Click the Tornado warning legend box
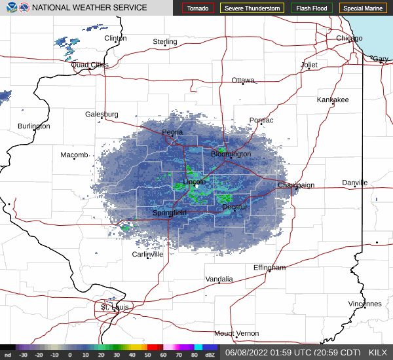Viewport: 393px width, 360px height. tap(198, 9)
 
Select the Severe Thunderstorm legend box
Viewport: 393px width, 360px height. tap(252, 9)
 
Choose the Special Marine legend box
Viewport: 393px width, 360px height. tap(363, 9)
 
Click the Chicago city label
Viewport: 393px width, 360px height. tap(349, 39)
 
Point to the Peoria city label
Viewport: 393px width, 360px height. tap(173, 132)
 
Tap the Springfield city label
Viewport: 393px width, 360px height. tap(170, 213)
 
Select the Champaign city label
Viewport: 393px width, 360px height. tap(296, 185)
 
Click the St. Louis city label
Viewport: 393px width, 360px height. tap(115, 306)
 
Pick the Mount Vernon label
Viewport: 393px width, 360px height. tap(236, 333)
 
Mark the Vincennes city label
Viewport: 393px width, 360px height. tap(364, 304)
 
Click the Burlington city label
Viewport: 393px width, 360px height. tap(34, 126)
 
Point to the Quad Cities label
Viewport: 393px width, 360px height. tap(90, 65)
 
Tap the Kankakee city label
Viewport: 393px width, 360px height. tap(333, 99)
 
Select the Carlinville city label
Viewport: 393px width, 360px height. tap(147, 254)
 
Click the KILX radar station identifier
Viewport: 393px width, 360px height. tap(378, 351)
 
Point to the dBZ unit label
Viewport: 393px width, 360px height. tap(210, 355)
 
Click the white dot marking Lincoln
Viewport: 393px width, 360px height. tap(196, 186)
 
